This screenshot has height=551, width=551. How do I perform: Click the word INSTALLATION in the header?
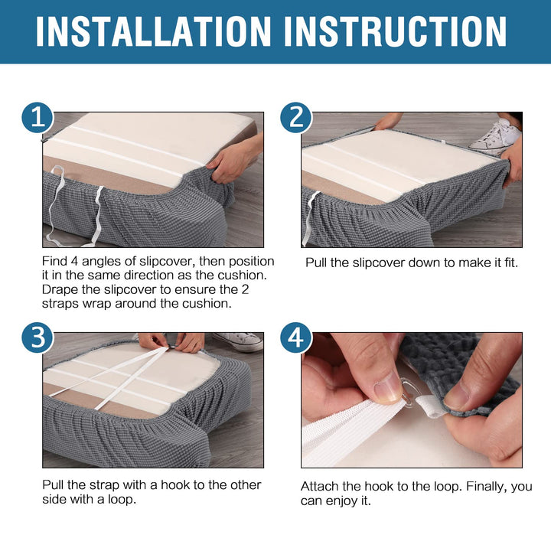(153, 31)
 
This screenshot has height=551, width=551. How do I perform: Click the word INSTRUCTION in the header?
(396, 31)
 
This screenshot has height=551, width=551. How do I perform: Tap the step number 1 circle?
(37, 118)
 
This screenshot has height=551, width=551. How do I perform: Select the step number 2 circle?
(296, 118)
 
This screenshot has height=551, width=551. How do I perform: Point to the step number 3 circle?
(37, 337)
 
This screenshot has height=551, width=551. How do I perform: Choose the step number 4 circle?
(296, 337)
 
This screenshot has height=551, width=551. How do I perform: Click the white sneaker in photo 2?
(495, 136)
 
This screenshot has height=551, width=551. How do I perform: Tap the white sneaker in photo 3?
(238, 341)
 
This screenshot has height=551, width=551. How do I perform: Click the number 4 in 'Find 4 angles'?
(73, 261)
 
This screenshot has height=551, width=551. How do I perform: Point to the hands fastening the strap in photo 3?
(171, 342)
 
